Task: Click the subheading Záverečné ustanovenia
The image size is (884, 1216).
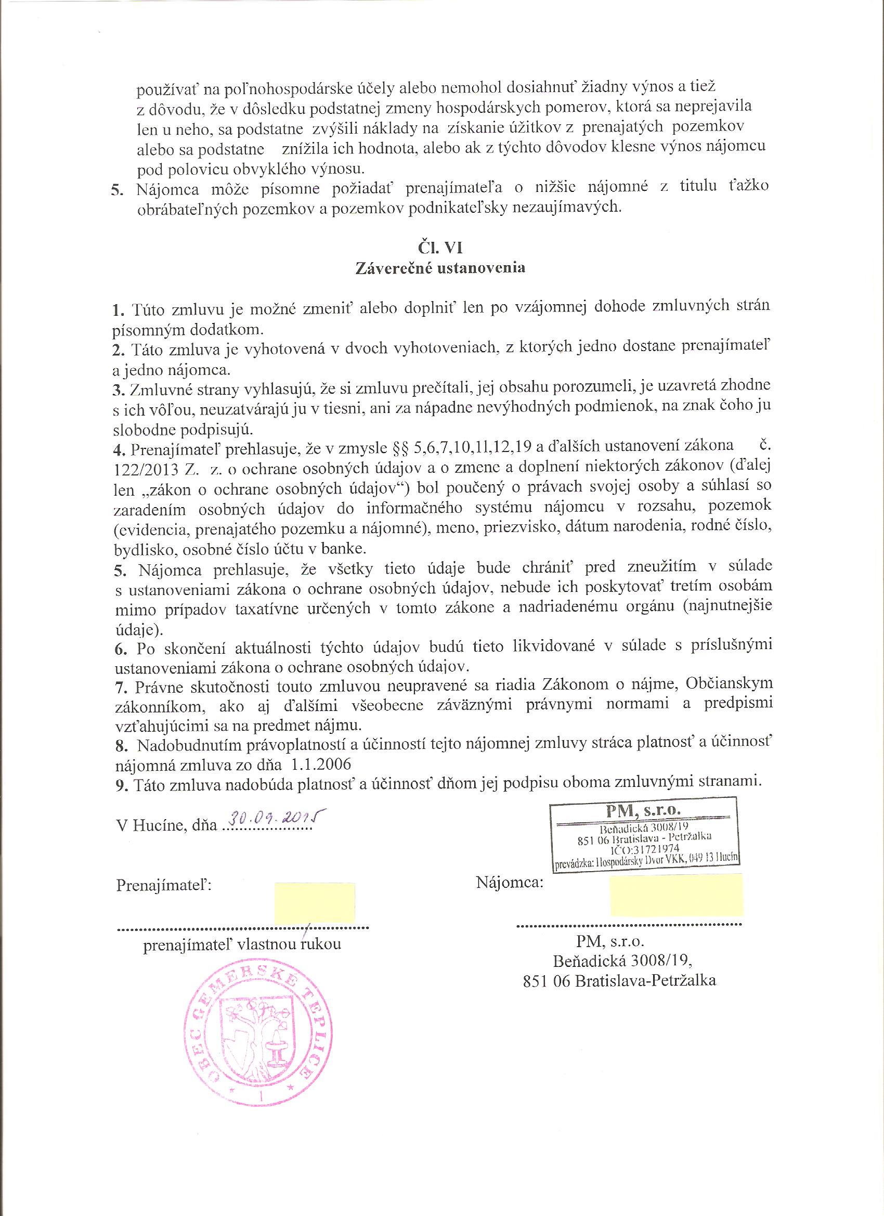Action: coord(439,268)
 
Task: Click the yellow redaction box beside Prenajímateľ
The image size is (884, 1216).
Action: coord(314,903)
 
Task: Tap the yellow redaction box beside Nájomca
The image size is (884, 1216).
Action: coord(677,896)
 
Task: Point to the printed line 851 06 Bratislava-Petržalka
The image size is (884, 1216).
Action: coord(620,980)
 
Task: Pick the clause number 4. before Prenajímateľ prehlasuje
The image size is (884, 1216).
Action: coord(120,447)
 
